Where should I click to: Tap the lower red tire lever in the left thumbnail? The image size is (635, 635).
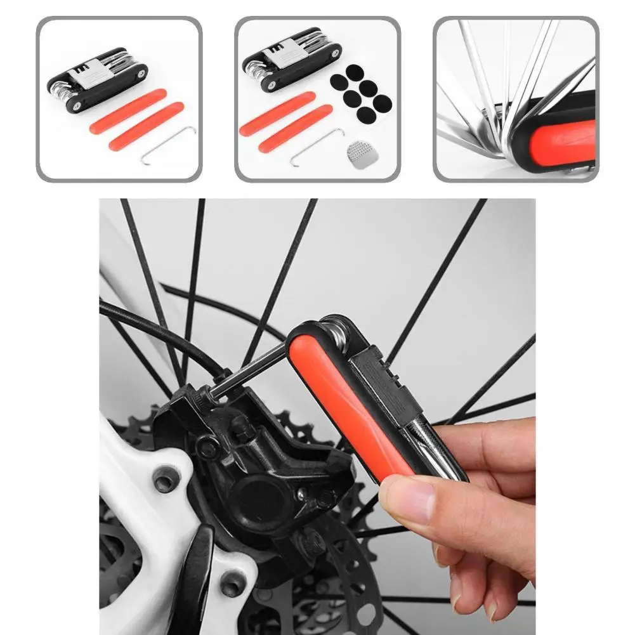[x=146, y=126]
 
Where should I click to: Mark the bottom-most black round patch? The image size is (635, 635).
[x=365, y=115]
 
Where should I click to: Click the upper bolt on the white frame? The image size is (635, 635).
[x=166, y=479]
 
